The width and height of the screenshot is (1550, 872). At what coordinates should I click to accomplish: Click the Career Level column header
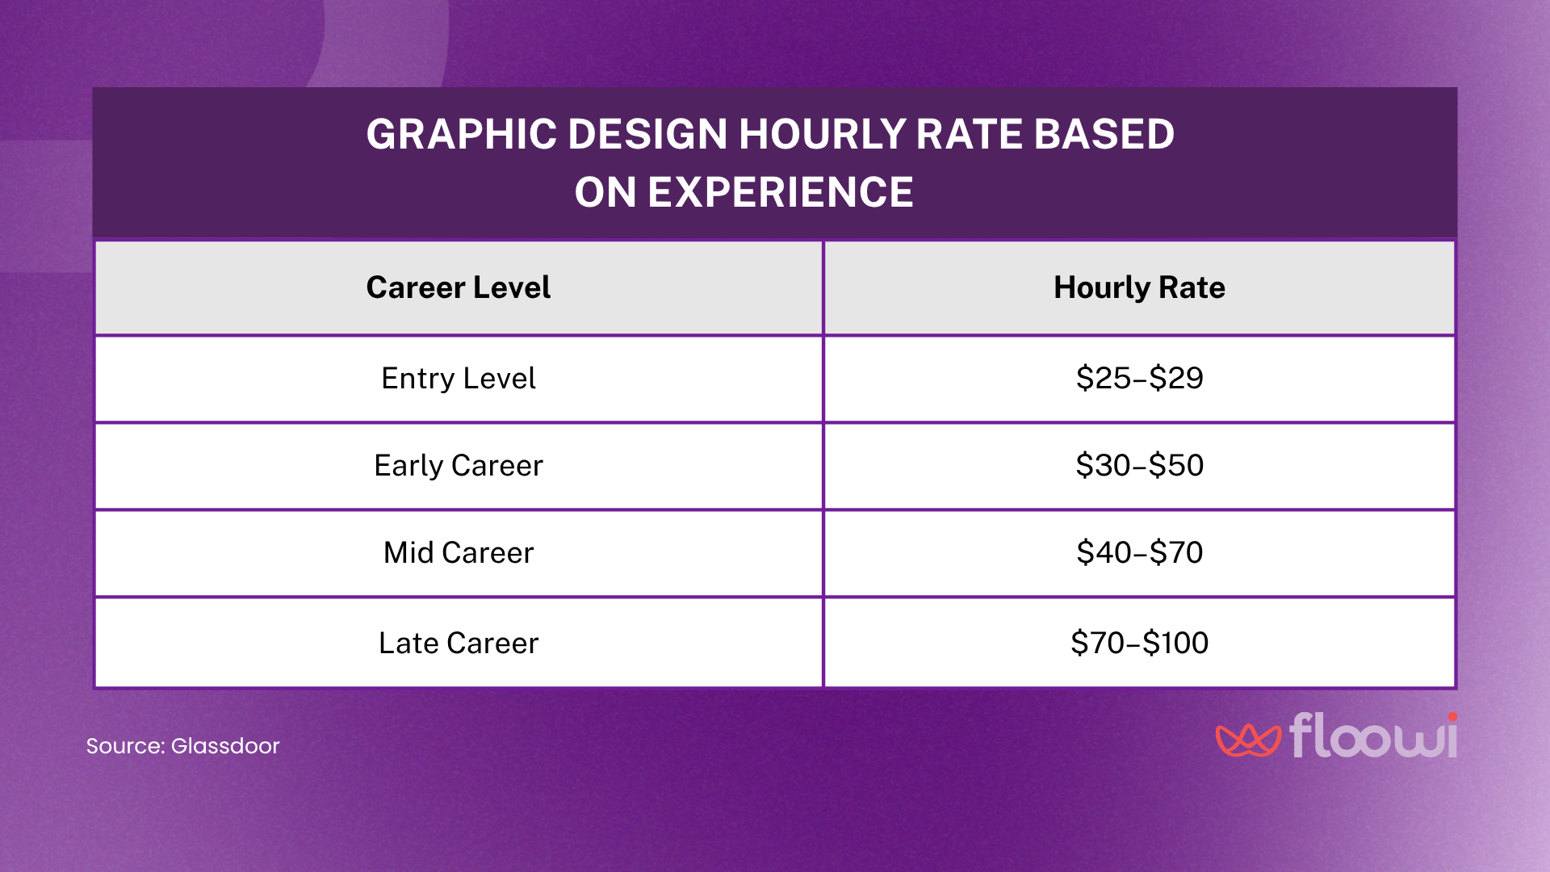(x=458, y=287)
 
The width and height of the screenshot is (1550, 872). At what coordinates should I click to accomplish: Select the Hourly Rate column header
(x=1139, y=287)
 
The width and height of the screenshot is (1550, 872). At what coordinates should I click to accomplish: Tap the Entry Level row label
(x=458, y=378)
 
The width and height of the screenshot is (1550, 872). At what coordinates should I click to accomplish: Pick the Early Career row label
(x=458, y=465)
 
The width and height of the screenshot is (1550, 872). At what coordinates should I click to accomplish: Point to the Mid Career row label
(x=458, y=552)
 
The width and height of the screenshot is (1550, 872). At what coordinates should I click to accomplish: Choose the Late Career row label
(x=458, y=643)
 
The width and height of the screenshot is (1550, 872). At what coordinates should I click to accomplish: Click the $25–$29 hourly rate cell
(x=1139, y=378)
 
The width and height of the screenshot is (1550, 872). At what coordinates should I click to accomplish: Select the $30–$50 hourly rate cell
(x=1139, y=465)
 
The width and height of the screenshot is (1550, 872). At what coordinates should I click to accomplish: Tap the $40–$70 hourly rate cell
(x=1139, y=552)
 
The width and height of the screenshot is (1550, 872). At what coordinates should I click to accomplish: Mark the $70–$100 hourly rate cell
(x=1139, y=643)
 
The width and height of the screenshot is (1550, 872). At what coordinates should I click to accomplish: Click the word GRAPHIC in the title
(x=461, y=134)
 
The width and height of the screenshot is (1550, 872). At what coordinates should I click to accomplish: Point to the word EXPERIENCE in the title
(x=780, y=192)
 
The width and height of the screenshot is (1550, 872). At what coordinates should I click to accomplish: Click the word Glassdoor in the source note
(x=224, y=745)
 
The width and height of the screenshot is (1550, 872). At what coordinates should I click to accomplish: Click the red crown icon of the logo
(x=1247, y=739)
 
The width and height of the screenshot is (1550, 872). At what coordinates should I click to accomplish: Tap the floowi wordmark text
(x=1372, y=736)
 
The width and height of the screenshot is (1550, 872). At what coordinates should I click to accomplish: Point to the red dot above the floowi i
(x=1452, y=717)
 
